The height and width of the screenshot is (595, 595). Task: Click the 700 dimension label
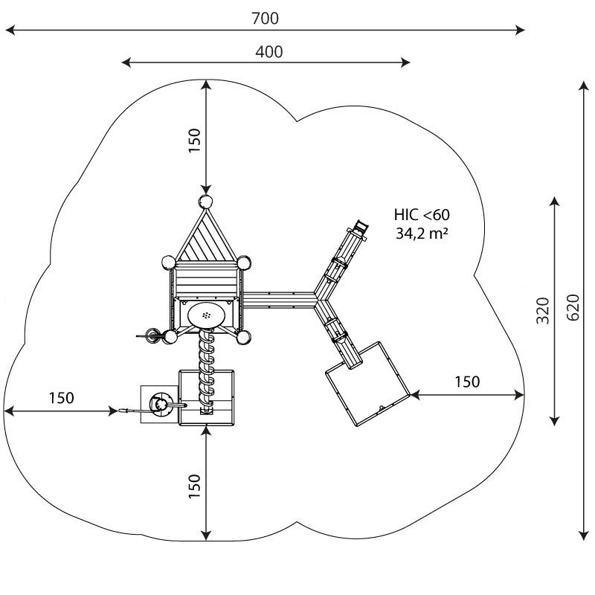266,18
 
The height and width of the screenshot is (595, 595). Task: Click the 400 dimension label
268,52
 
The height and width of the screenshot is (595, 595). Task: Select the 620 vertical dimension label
573,307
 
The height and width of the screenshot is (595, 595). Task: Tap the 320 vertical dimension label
543,311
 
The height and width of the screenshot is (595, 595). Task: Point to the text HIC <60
422,215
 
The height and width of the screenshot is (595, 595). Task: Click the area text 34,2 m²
422,234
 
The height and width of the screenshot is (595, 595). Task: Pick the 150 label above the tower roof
194,141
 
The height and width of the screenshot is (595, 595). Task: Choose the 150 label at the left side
62,398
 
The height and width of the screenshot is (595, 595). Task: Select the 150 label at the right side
467,382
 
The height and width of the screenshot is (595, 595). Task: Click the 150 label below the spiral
194,486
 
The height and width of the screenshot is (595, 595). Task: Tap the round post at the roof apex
206,201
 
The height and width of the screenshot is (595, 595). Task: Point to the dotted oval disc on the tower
206,315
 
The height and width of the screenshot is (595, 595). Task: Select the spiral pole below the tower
207,370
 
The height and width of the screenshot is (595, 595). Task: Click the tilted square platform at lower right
368,384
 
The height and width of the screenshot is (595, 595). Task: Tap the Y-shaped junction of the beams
317,298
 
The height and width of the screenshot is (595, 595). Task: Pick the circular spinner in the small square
161,404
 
